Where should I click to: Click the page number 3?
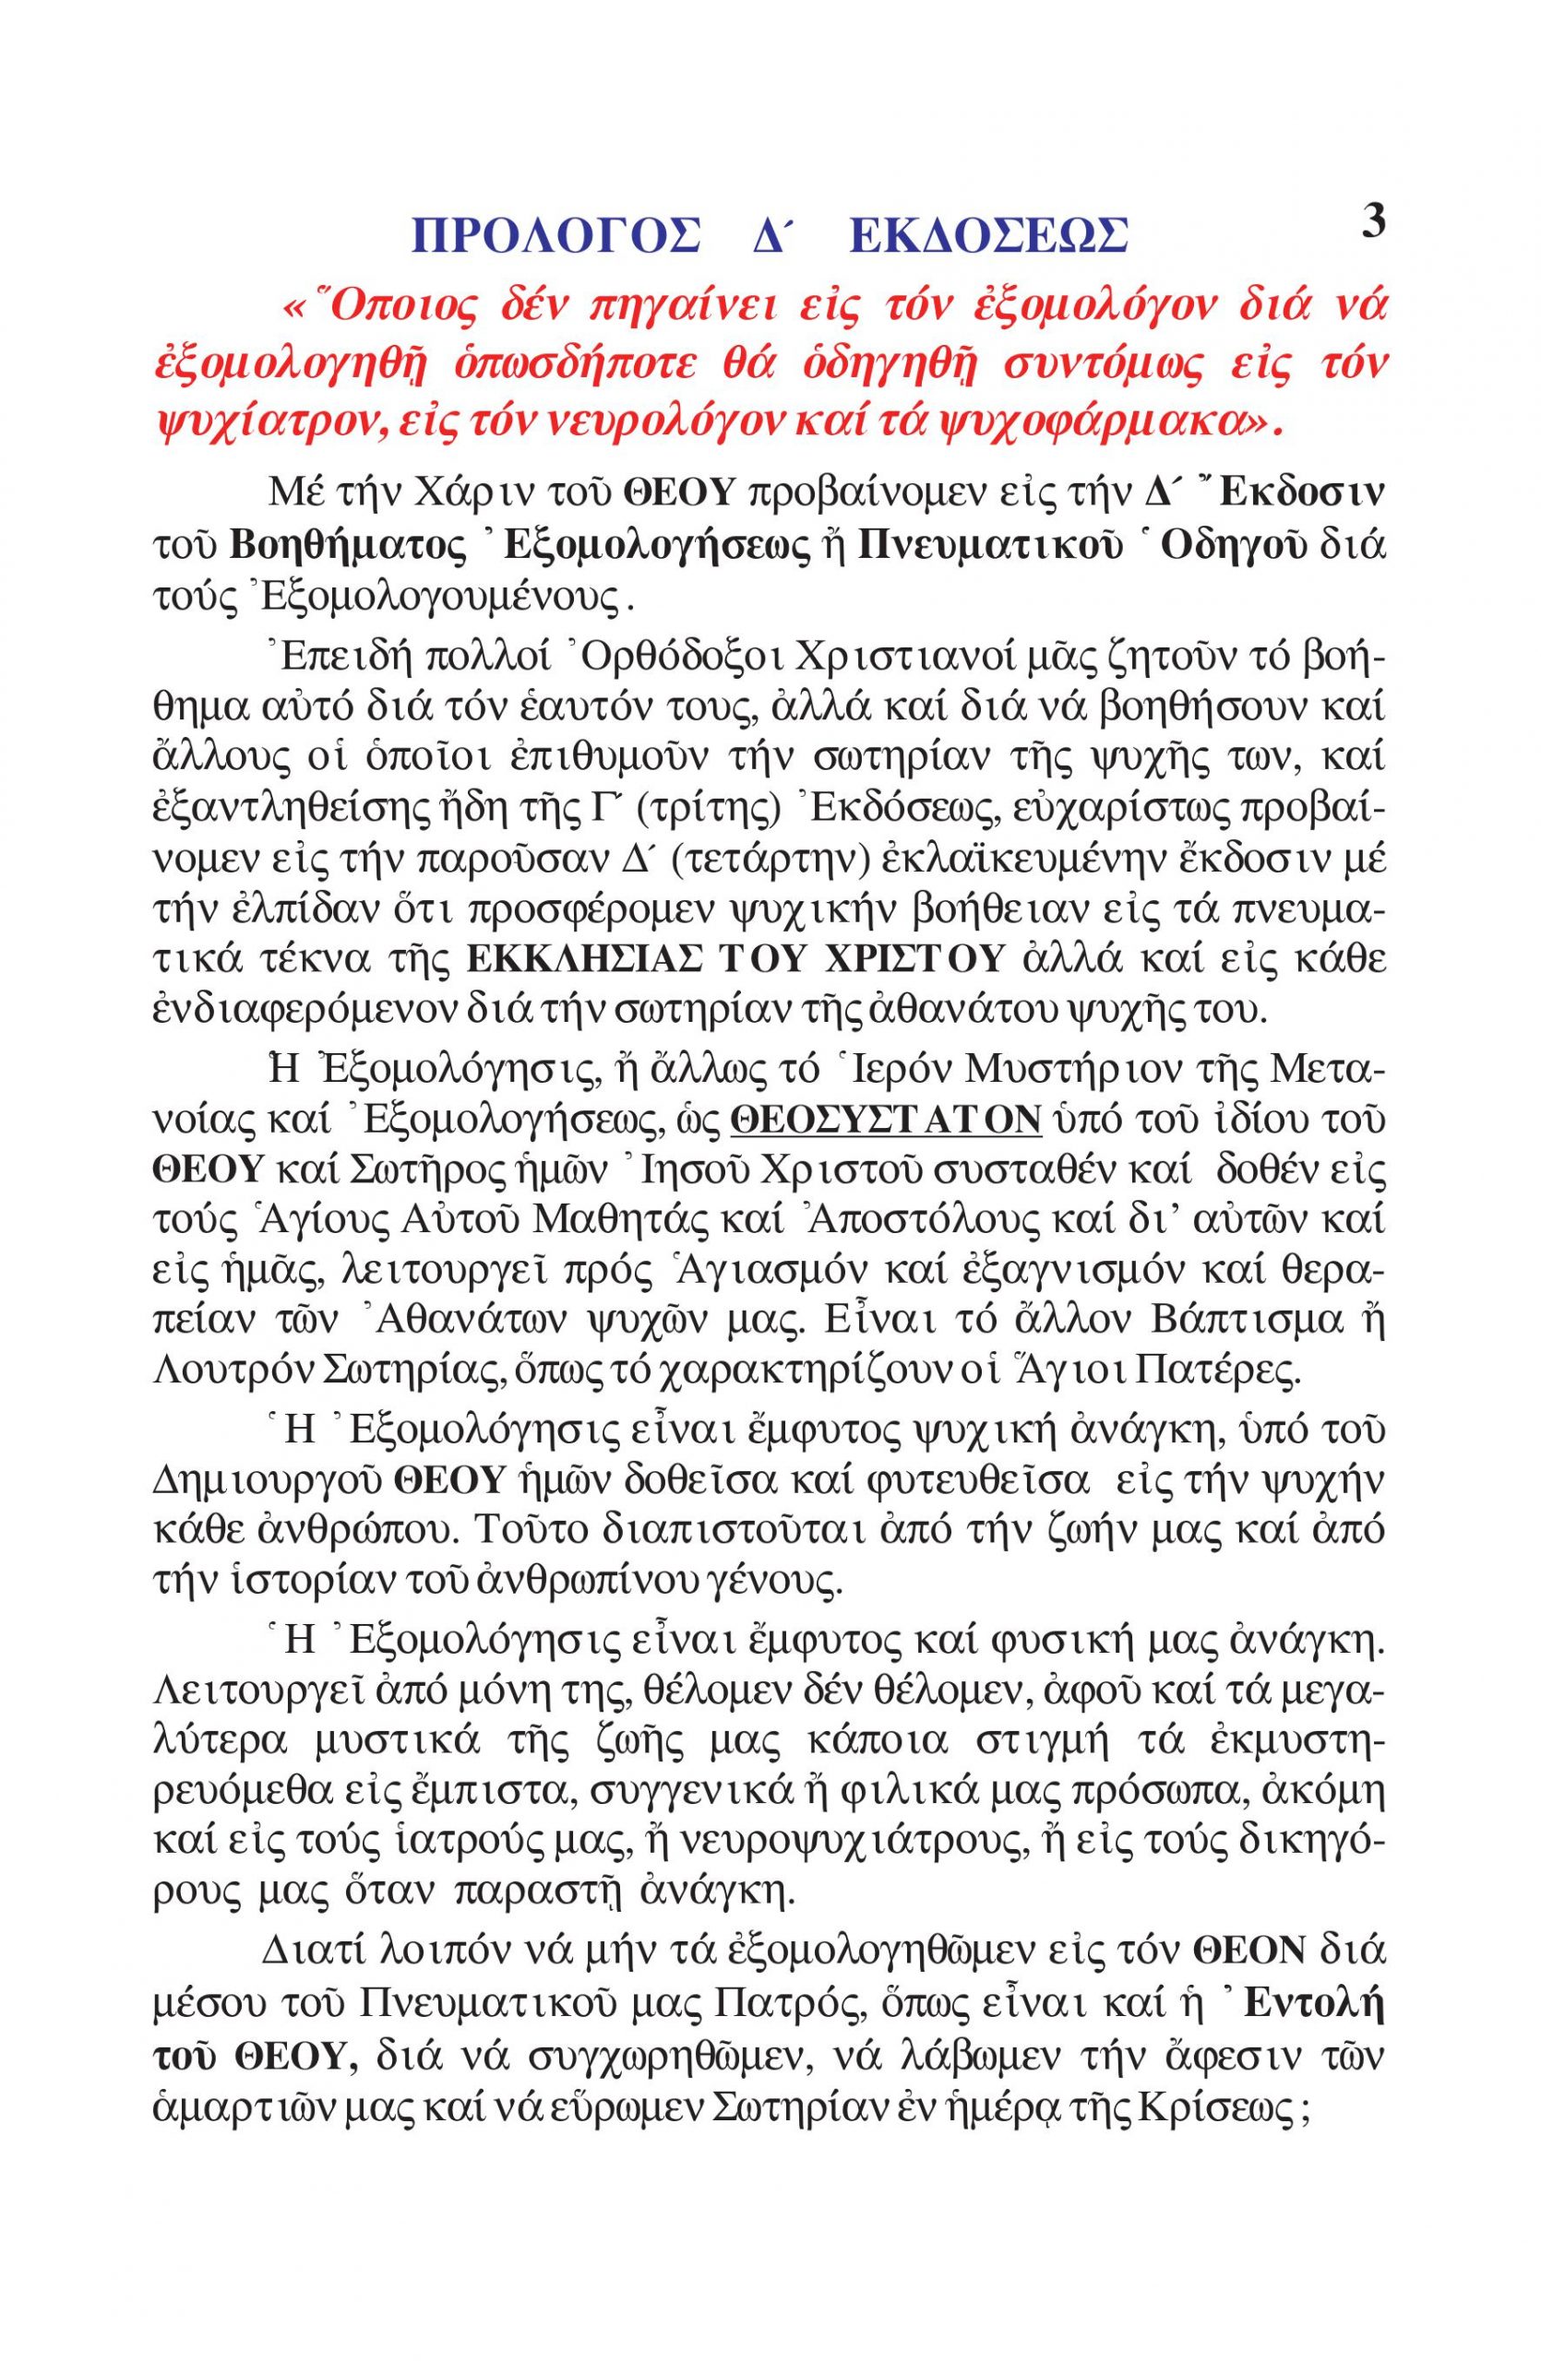(x=1371, y=220)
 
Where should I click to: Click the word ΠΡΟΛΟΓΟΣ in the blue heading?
(x=554, y=238)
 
